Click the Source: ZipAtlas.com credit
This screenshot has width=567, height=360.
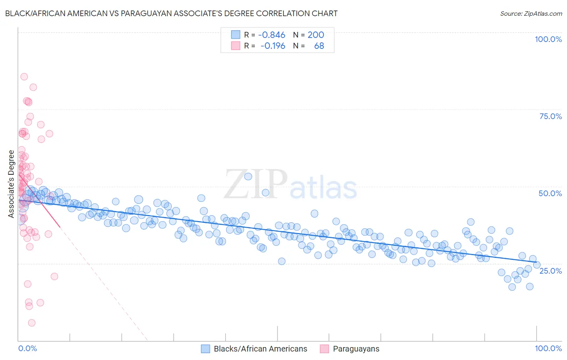tap(531, 13)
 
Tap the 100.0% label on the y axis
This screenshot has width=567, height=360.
tap(548, 39)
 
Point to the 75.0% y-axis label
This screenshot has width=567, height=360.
tap(550, 116)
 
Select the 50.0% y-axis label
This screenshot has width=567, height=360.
tap(550, 193)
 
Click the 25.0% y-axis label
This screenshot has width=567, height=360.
tap(550, 270)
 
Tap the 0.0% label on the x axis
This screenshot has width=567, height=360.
tap(28, 348)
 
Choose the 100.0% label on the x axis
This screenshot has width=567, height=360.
tap(548, 348)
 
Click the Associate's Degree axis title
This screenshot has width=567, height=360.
tap(11, 184)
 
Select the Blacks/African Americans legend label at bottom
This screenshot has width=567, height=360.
tap(260, 349)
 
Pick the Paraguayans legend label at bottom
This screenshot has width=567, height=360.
tap(356, 349)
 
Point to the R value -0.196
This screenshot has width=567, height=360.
tap(273, 46)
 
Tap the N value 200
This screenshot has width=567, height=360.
tap(316, 35)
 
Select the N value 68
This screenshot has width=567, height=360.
tap(319, 46)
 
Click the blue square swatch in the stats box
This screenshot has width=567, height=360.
tap(236, 35)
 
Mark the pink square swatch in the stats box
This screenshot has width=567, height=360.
tap(236, 46)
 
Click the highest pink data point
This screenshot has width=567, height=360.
tap(24, 77)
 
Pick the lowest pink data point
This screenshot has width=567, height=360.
tap(32, 323)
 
